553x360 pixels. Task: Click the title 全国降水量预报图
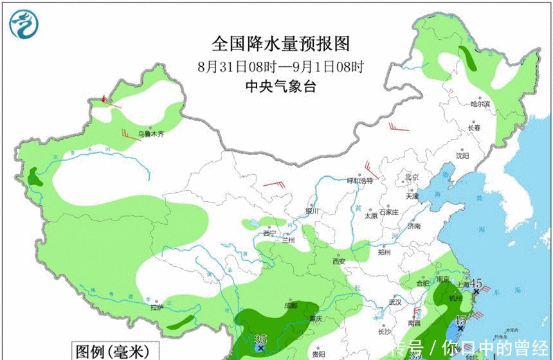pyautogui.click(x=282, y=43)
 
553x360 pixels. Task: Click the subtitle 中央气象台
pyautogui.click(x=281, y=87)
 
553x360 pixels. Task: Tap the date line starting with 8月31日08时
pyautogui.click(x=281, y=66)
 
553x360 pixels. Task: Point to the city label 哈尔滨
pyautogui.click(x=480, y=104)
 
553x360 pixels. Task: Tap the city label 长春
pyautogui.click(x=475, y=128)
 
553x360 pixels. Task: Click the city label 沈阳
pyautogui.click(x=462, y=156)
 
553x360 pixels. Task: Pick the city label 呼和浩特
pyautogui.click(x=359, y=181)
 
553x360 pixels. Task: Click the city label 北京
pyautogui.click(x=412, y=177)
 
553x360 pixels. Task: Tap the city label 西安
pyautogui.click(x=339, y=260)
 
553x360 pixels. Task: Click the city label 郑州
pyautogui.click(x=385, y=253)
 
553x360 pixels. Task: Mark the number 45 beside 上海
pyautogui.click(x=476, y=283)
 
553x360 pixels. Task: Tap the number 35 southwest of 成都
pyautogui.click(x=260, y=339)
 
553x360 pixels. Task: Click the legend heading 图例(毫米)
pyautogui.click(x=112, y=352)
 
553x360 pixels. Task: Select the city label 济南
pyautogui.click(x=413, y=226)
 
